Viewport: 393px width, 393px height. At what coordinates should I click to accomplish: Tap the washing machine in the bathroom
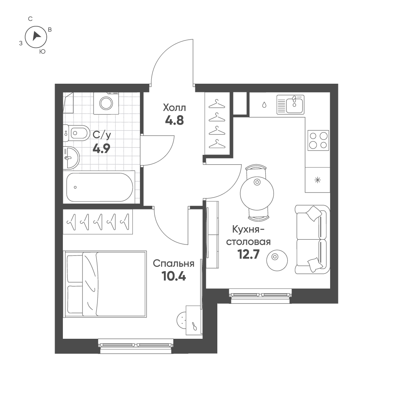tap(106, 103)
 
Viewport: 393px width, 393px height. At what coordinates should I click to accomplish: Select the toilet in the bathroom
tap(76, 133)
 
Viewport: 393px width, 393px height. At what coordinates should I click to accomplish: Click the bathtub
tap(99, 187)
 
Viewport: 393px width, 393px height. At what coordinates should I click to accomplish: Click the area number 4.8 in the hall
tap(174, 121)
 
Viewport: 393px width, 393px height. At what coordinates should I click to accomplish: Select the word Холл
tap(174, 108)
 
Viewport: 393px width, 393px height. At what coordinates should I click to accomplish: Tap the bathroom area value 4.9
tap(101, 149)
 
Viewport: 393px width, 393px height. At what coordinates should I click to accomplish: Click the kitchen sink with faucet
tap(290, 104)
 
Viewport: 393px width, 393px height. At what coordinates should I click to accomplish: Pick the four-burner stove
tap(318, 140)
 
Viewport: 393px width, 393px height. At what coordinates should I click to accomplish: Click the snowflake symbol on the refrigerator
tap(318, 180)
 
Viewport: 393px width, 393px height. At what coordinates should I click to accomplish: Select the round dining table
tap(257, 193)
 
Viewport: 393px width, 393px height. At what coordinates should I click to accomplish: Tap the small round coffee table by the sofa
tap(277, 260)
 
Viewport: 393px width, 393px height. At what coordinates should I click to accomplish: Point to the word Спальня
tap(174, 264)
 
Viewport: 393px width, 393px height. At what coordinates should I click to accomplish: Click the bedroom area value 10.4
tap(174, 276)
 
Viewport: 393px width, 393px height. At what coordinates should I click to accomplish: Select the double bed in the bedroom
tap(105, 284)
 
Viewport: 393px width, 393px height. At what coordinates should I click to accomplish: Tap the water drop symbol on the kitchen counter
tap(264, 105)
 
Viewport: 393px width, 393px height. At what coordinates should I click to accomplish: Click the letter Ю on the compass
tap(42, 51)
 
